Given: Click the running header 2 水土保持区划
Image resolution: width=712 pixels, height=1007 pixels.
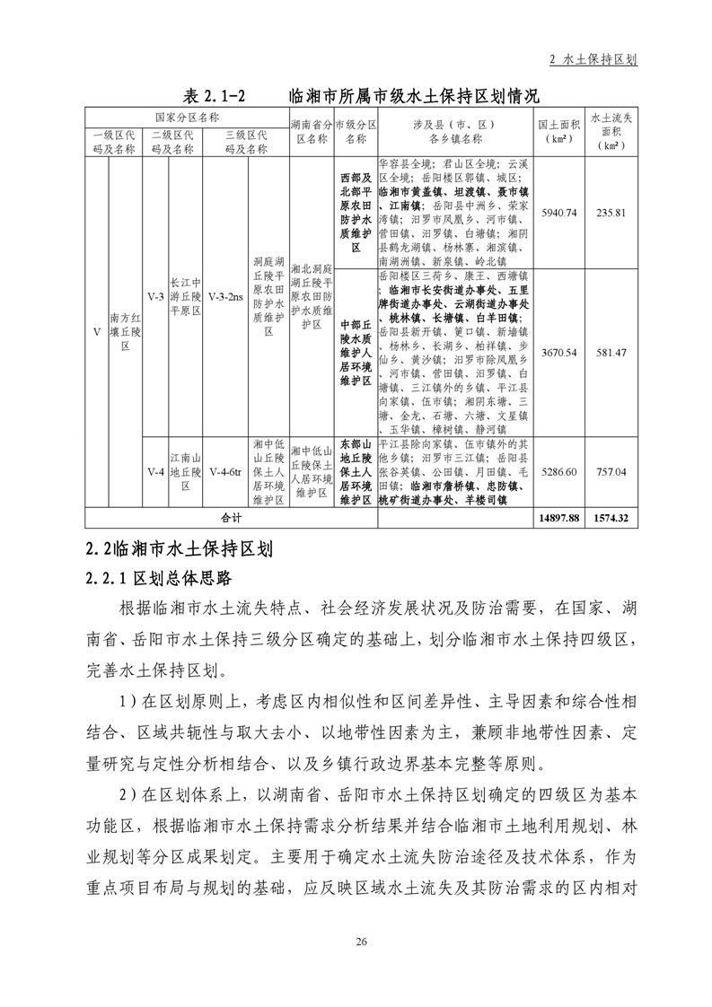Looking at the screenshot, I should [593, 59].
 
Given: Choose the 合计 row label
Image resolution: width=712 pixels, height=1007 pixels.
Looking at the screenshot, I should [232, 518].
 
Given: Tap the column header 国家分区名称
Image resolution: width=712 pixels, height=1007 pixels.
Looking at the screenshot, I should [187, 117].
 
